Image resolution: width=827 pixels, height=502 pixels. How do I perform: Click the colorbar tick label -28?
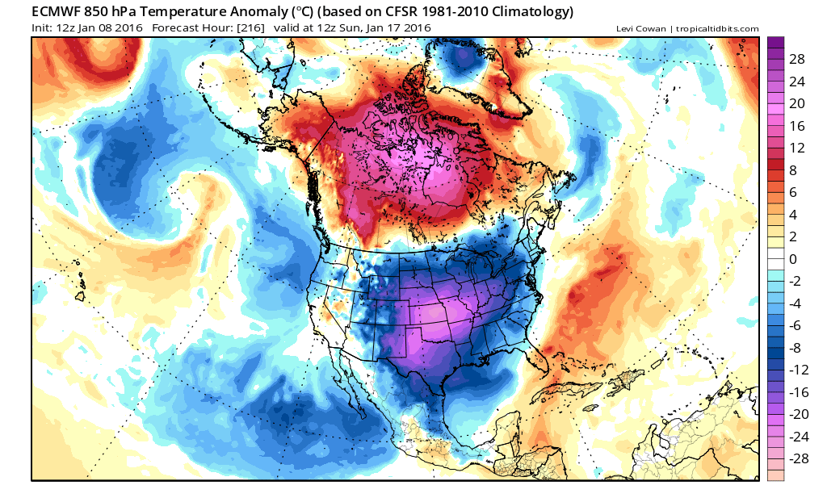[x=796, y=458]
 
